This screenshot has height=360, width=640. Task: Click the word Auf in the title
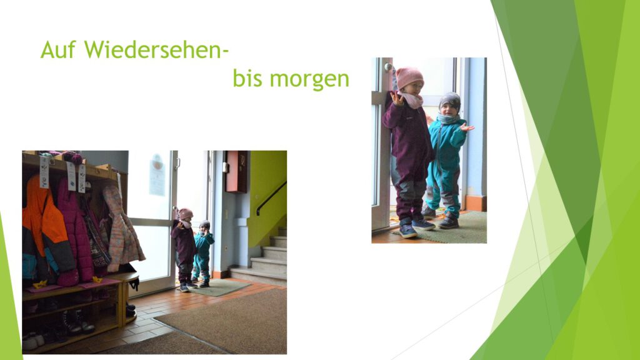tap(58, 49)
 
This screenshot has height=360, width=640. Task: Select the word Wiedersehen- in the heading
tap(156, 49)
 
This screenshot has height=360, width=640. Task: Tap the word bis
tap(247, 78)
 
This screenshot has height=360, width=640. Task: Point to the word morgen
tap(309, 80)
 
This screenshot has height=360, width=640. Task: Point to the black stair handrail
tap(271, 197)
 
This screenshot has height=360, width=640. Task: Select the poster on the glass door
tap(157, 174)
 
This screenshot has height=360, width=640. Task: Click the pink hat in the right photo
tap(409, 77)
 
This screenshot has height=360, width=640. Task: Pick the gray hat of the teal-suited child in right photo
tap(450, 101)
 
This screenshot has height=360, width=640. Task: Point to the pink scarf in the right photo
tap(411, 99)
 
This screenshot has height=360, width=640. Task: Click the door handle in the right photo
tap(388, 67)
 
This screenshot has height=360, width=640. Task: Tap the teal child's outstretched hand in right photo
tap(467, 127)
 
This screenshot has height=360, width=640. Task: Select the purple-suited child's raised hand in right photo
tap(396, 98)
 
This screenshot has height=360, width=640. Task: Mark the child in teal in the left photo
tap(202, 254)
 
